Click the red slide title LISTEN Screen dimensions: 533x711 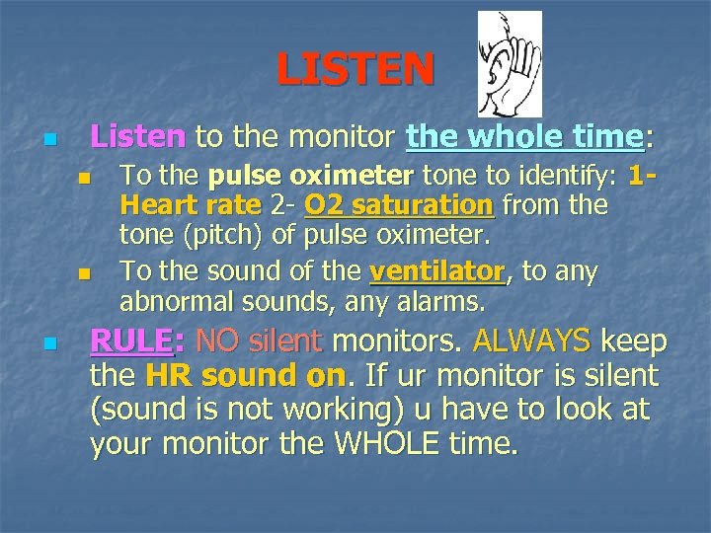tap(355, 69)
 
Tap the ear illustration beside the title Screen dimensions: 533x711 tap(509, 64)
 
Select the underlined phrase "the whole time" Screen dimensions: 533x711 tap(524, 136)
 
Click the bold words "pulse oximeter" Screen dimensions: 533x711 tap(311, 177)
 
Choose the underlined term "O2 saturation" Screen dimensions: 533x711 tap(399, 206)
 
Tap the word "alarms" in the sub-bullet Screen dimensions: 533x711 tap(445, 300)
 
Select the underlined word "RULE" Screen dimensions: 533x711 tap(130, 342)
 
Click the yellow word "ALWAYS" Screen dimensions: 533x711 tap(531, 342)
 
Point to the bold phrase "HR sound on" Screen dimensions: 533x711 tap(246, 376)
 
